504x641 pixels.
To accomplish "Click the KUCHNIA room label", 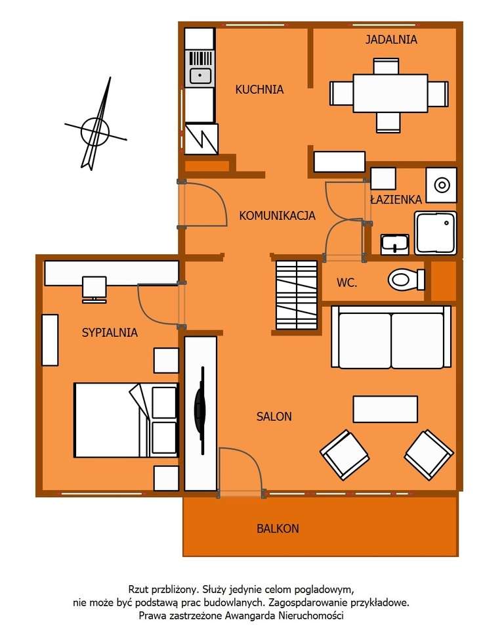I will coord(259,89).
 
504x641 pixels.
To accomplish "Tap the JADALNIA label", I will coord(391,39).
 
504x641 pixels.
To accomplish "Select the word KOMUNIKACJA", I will coord(277,215).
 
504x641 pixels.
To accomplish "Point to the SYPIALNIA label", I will coord(110,332).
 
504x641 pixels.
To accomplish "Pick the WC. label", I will coord(346,283).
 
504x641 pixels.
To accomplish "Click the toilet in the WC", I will coord(407,280).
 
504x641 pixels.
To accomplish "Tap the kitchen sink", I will coord(199,76).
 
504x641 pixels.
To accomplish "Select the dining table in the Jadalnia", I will coord(390,93).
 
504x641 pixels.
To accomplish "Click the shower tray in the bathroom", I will coord(434,232).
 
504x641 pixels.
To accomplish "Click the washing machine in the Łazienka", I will coord(440,185).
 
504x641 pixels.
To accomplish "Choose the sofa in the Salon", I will coord(391,337).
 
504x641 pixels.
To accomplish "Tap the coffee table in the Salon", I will coord(385,409).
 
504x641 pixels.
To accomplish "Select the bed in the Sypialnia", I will coord(125,420).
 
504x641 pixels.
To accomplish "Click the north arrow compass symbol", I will coord(95,129).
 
